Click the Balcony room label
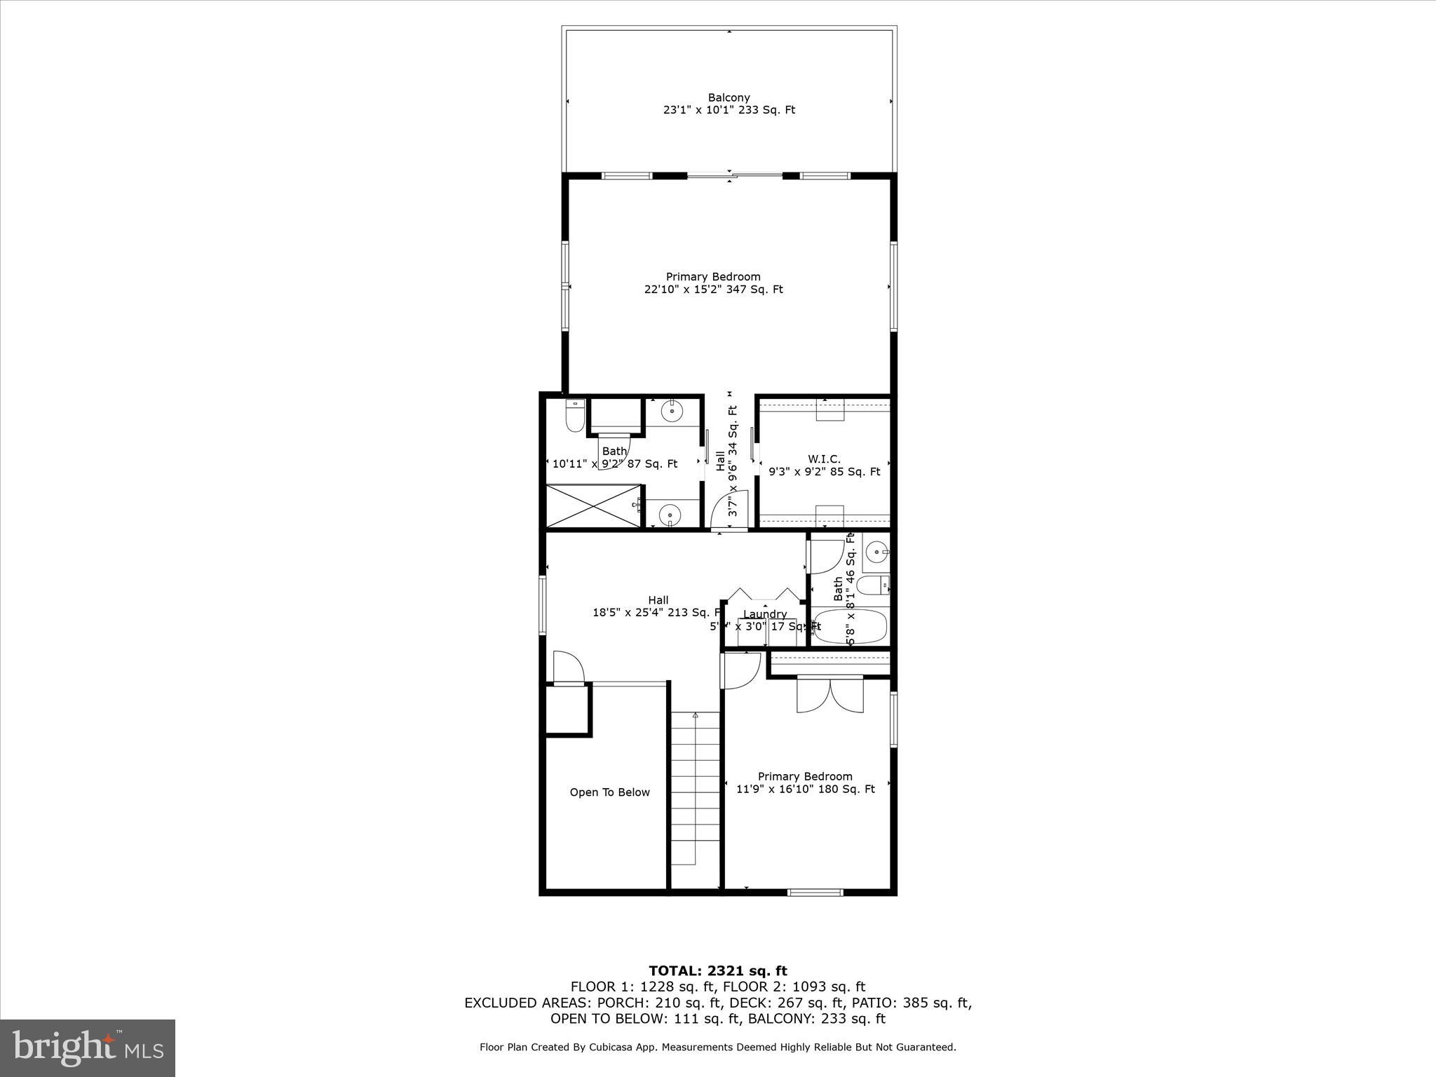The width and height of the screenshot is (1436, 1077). pos(729,97)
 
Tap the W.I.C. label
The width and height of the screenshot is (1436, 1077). pos(824,459)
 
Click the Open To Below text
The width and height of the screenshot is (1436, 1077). pos(609,792)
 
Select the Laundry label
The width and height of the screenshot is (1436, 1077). pos(764,614)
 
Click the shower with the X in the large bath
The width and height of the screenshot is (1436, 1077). pos(593,506)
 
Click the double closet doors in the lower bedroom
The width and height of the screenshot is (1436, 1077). pos(830,694)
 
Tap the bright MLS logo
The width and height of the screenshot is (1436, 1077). pos(88,1048)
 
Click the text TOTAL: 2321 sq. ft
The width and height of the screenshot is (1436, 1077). pos(717,970)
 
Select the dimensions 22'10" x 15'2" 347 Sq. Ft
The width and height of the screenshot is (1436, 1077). pos(713,289)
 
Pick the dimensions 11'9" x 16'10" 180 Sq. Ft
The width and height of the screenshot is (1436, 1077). pos(805,789)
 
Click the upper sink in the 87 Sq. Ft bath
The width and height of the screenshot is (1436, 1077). pos(672,411)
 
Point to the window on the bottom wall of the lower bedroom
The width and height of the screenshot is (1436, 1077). pos(814,893)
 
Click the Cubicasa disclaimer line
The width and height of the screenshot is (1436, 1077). pos(717,1047)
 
